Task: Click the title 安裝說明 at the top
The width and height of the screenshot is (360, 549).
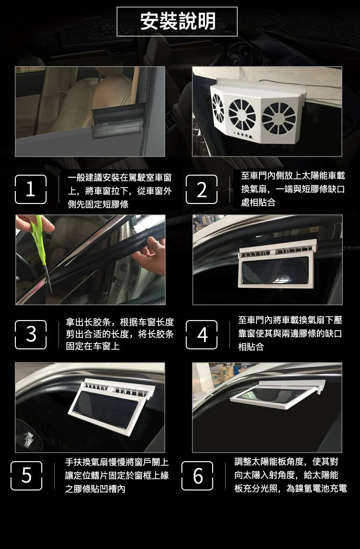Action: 178,22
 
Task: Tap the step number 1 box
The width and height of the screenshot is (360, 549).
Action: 31,190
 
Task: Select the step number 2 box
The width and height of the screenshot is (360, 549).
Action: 202,190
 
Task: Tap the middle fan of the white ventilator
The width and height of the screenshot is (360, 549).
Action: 242,114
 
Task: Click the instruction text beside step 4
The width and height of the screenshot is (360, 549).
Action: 290,333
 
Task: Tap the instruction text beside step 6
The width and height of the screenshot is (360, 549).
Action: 290,475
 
